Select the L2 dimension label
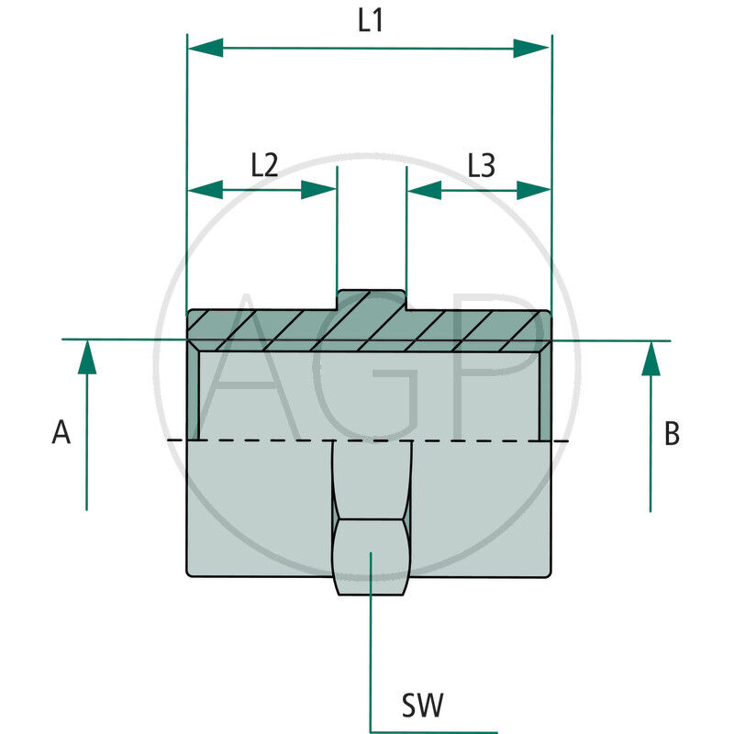click(x=263, y=165)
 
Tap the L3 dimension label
click(x=481, y=165)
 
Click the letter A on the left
click(x=61, y=433)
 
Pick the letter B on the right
click(x=672, y=434)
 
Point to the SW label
click(x=422, y=706)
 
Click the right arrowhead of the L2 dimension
click(x=318, y=190)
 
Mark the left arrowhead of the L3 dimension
click(x=425, y=190)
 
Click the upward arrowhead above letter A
click(x=86, y=357)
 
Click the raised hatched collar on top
click(x=371, y=301)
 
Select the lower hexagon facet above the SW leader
click(x=370, y=558)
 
